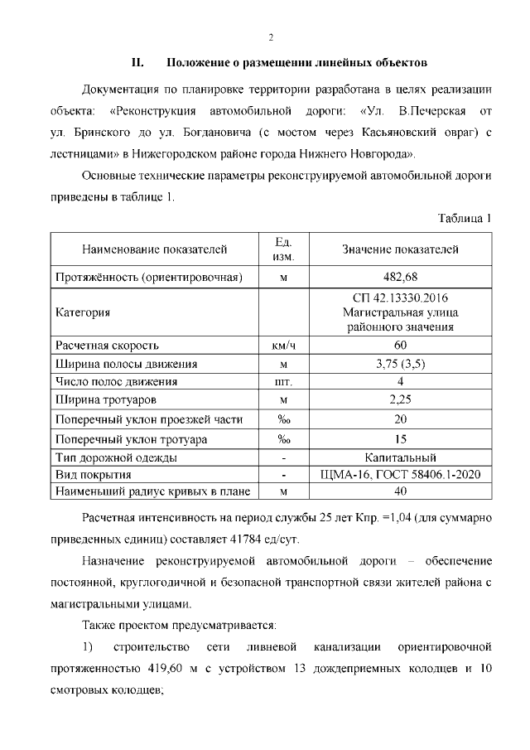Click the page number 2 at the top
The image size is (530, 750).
pyautogui.click(x=270, y=37)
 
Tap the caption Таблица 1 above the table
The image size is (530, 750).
pyautogui.click(x=465, y=218)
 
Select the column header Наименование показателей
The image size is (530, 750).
pyautogui.click(x=154, y=249)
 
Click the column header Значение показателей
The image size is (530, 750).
pyautogui.click(x=400, y=249)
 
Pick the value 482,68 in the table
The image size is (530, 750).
pyautogui.click(x=400, y=277)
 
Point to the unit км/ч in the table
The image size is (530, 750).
pyautogui.click(x=283, y=345)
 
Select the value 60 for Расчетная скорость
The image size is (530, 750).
pyautogui.click(x=400, y=345)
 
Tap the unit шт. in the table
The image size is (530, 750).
pyautogui.click(x=283, y=382)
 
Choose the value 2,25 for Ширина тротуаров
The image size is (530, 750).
pyautogui.click(x=400, y=401)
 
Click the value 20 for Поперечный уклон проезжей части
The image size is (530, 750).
pyautogui.click(x=400, y=420)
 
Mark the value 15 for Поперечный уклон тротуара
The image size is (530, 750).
pyautogui.click(x=400, y=439)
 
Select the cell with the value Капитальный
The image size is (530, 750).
pyautogui.click(x=400, y=457)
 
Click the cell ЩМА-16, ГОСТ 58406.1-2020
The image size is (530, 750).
pyautogui.click(x=400, y=475)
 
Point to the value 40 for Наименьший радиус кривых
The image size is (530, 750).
pyautogui.click(x=400, y=492)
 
